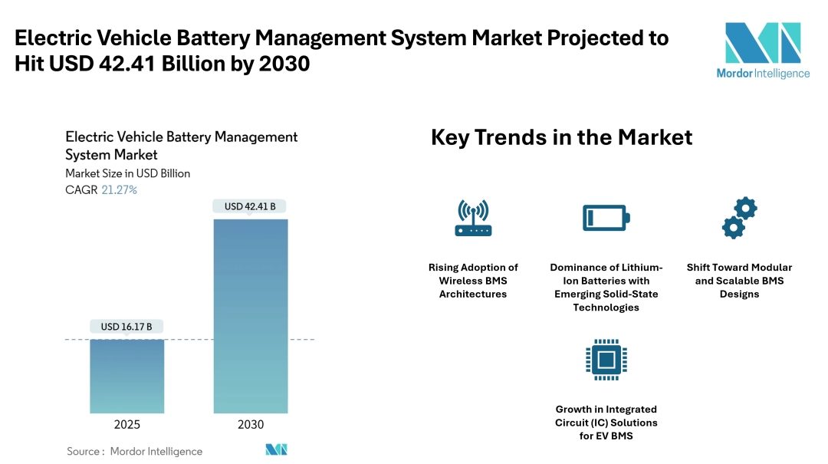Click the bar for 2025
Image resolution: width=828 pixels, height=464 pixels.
tap(127, 376)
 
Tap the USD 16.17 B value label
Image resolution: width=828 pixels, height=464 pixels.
tap(127, 327)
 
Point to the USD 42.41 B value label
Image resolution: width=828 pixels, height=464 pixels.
tap(250, 206)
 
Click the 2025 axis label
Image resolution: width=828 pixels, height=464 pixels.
tap(127, 424)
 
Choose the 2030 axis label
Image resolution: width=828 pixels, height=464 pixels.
tap(251, 424)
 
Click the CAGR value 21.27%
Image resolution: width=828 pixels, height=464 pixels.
tap(119, 189)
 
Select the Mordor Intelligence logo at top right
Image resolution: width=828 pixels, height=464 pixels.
tap(762, 50)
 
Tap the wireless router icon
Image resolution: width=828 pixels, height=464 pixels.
tap(473, 218)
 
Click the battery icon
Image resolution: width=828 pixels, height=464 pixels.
tap(606, 218)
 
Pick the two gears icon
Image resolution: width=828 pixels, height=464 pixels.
tap(739, 218)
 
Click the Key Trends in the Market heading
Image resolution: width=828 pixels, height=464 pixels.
tap(561, 137)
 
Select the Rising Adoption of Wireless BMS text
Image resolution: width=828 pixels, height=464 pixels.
tap(473, 281)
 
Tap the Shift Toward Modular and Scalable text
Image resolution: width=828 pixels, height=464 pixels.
tap(739, 281)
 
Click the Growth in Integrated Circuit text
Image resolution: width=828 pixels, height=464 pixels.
tap(606, 423)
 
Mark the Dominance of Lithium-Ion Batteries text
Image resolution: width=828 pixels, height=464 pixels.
tap(606, 288)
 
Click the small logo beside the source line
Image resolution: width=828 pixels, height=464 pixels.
tap(276, 450)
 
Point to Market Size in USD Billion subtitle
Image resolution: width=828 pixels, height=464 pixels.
tap(127, 173)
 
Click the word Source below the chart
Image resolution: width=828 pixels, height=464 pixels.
tap(83, 451)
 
